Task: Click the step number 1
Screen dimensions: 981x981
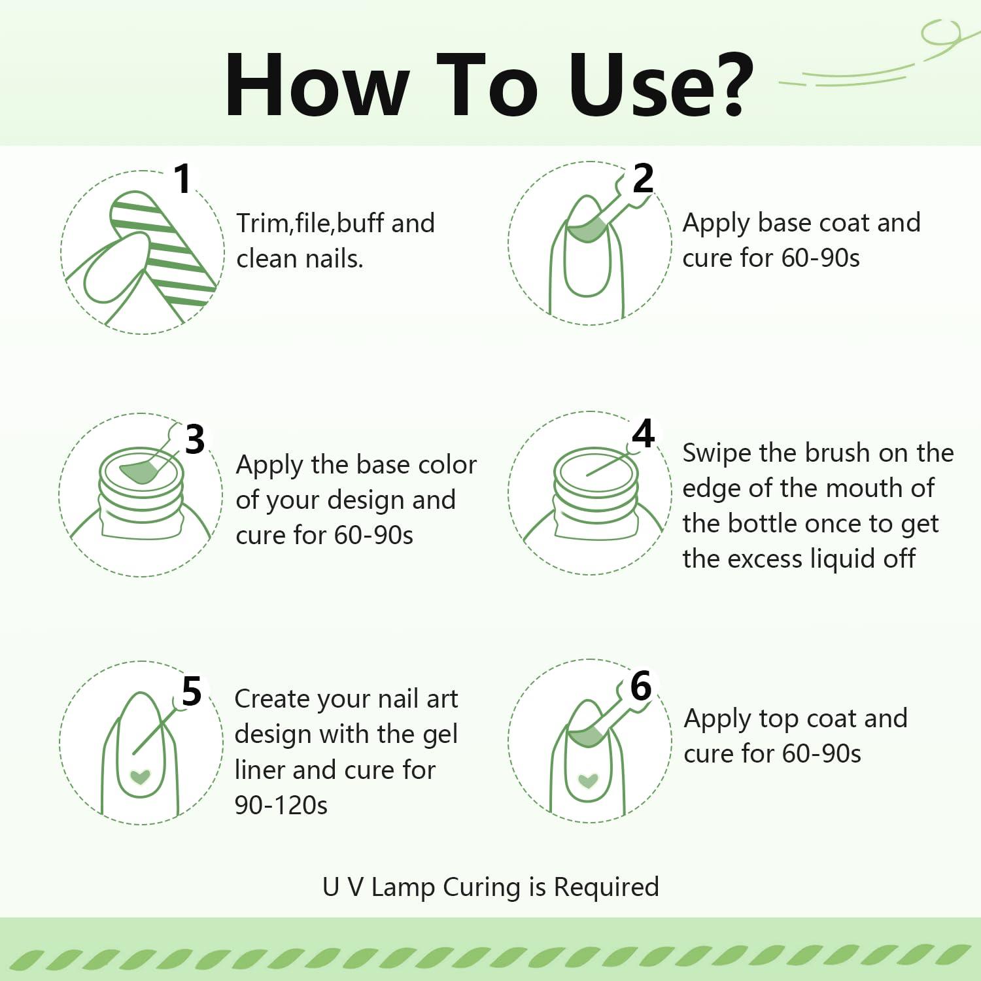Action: point(183,179)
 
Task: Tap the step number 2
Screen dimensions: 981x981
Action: point(643,178)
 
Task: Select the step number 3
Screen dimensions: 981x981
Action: point(195,439)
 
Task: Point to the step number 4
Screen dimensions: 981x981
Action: point(644,434)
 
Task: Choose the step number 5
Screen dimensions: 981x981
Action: point(192,691)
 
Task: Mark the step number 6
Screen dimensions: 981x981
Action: point(641,686)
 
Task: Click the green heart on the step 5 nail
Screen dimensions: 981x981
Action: point(141,777)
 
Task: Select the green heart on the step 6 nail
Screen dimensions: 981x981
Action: point(589,780)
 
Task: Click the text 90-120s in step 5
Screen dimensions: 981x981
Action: point(281,805)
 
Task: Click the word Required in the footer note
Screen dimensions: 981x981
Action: point(606,887)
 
